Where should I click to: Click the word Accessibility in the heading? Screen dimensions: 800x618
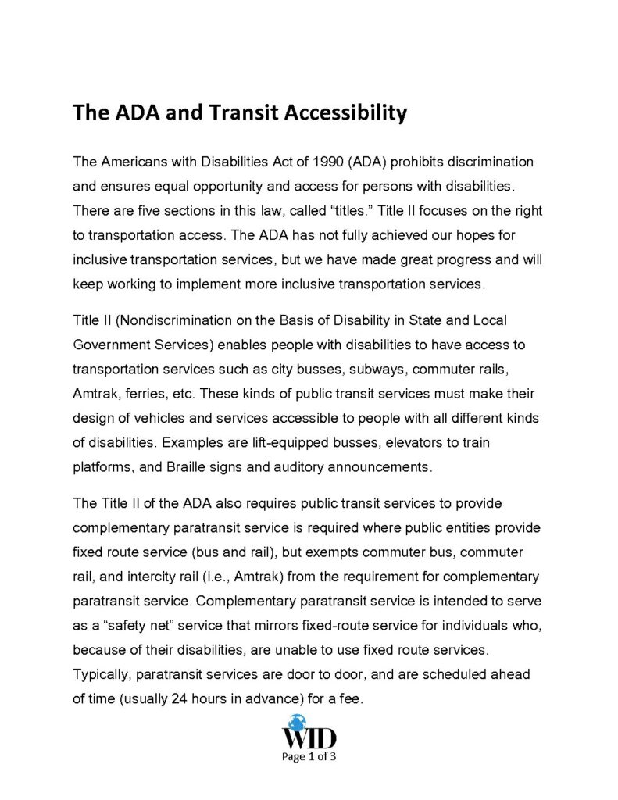[x=341, y=114]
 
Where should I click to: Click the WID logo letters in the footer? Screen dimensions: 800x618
[x=309, y=737]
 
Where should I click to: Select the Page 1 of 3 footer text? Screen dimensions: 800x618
[x=309, y=756]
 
